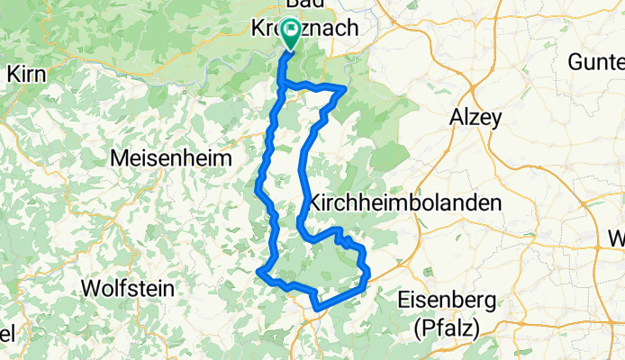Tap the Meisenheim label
tap(171, 157)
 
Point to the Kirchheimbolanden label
tap(404, 203)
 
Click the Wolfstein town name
tap(127, 289)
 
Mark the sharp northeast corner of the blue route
tap(345, 87)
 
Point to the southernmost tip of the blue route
tap(317, 309)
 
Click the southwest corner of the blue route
tap(260, 271)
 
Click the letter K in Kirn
tap(12, 76)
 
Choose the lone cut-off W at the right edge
tap(617, 238)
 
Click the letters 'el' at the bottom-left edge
tap(6, 333)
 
